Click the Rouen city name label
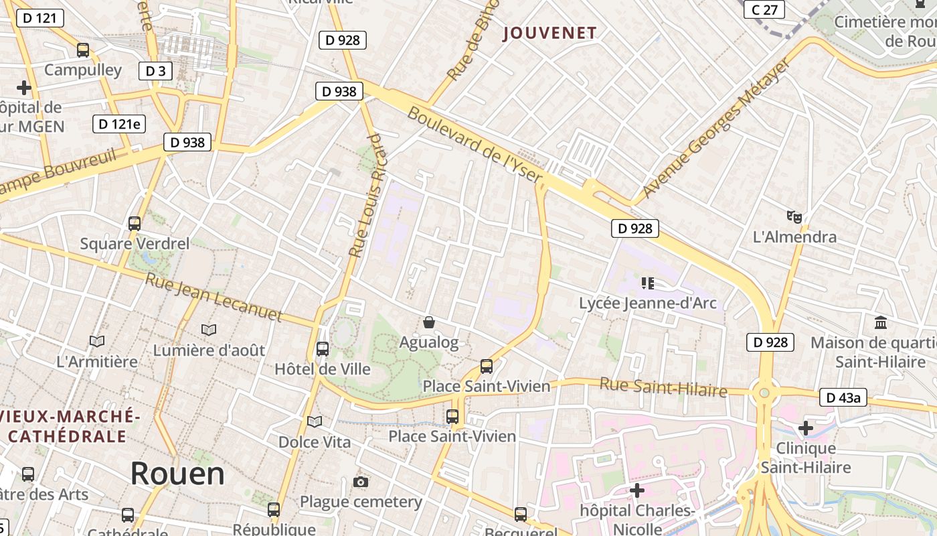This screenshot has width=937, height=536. [x=177, y=474]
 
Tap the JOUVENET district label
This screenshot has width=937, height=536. [x=549, y=33]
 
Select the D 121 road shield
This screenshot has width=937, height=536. [x=39, y=18]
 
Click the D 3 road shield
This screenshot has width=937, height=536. [x=155, y=71]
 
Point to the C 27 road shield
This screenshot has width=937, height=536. [x=764, y=9]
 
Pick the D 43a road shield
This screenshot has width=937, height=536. [x=843, y=397]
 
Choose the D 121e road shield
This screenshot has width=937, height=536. [x=119, y=123]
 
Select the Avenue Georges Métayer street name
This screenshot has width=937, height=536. [x=715, y=129]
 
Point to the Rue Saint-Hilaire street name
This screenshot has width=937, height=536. [x=663, y=387]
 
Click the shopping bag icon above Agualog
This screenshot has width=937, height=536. [x=429, y=323]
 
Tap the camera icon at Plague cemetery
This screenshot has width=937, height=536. [x=361, y=482]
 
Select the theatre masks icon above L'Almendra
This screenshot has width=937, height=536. [x=794, y=216]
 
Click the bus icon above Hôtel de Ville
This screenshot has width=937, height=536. [x=323, y=349]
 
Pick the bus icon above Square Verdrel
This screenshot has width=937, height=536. [x=135, y=224]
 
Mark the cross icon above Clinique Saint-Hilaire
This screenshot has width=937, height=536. [x=806, y=427]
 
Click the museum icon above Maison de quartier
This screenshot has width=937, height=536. [x=881, y=323]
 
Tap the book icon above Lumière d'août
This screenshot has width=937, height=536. [x=209, y=330]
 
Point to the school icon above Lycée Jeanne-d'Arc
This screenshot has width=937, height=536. [x=647, y=283]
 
